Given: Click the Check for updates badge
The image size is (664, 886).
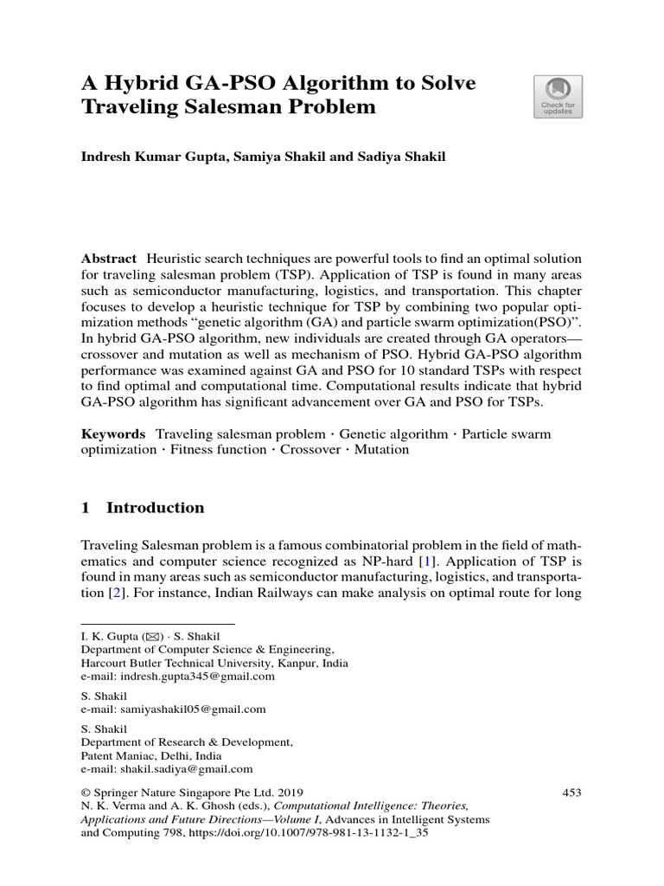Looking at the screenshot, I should pos(558,96).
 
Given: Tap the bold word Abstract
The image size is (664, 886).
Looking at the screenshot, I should pos(108,260).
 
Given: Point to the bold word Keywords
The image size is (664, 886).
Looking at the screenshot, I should pos(112,433).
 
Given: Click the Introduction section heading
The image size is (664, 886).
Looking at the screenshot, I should pos(155,508).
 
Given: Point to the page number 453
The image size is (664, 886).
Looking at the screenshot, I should pos(572,792).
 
